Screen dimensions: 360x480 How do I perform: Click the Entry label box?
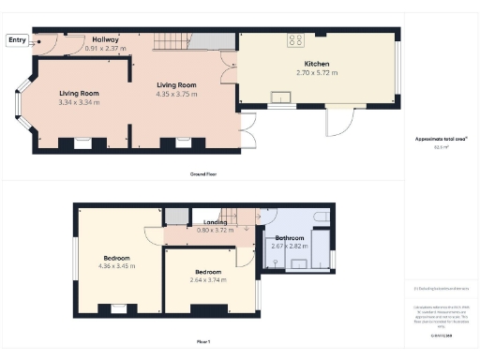18,39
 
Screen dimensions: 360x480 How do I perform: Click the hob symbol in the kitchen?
297,40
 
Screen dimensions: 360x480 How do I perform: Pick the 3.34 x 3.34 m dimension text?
80,101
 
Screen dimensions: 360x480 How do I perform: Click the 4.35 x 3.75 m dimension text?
175,93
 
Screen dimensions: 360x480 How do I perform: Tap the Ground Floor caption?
203,174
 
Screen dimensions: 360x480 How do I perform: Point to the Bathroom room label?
290,238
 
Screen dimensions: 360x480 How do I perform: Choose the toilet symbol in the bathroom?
322,217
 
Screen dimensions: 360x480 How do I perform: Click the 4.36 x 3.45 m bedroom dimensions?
117,265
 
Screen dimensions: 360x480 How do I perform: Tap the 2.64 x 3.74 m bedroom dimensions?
209,279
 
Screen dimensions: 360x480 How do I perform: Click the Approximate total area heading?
441,139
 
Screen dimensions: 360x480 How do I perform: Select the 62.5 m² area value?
441,147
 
